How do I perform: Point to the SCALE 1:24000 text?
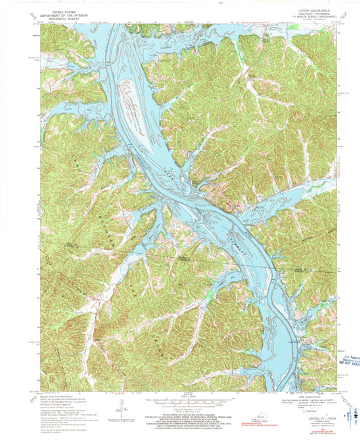[x=179, y=394]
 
